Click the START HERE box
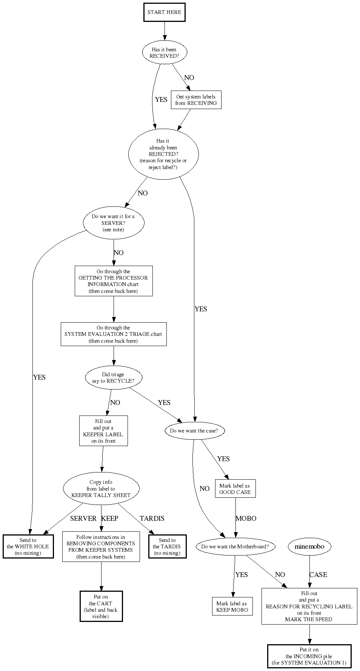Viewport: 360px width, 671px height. click(164, 12)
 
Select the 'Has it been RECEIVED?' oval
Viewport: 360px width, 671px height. click(164, 52)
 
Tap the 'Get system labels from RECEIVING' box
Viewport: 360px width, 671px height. click(196, 100)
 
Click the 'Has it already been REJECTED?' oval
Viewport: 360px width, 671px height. click(163, 154)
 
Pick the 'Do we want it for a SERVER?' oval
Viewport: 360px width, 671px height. click(114, 223)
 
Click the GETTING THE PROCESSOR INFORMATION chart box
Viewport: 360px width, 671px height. click(114, 281)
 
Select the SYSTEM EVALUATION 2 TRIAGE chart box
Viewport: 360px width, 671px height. click(114, 334)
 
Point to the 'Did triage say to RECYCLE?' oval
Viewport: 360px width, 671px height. click(114, 377)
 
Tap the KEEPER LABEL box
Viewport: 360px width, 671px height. click(103, 431)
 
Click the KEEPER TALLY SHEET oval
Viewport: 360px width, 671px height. click(101, 488)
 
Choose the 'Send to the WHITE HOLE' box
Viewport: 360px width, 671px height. click(28, 546)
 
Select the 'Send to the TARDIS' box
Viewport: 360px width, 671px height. click(167, 546)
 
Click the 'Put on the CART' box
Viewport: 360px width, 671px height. click(101, 606)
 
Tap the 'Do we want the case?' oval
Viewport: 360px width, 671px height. click(194, 431)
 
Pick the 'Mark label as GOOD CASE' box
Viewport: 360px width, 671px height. click(235, 489)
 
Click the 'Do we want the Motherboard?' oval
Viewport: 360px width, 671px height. click(235, 546)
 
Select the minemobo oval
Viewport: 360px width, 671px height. click(309, 546)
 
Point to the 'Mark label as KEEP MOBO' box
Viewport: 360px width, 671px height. click(232, 606)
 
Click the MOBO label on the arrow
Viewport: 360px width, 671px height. click(246, 519)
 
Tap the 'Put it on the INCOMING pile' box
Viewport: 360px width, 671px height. click(309, 656)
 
